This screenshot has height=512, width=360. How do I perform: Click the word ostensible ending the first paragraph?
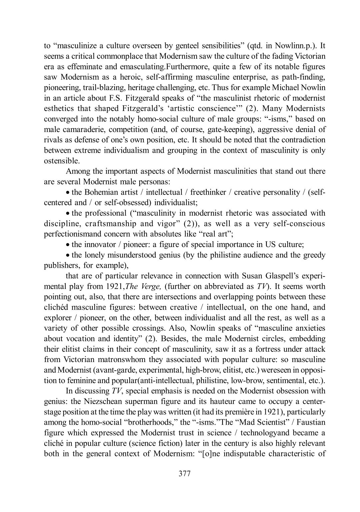click(x=62, y=161)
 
